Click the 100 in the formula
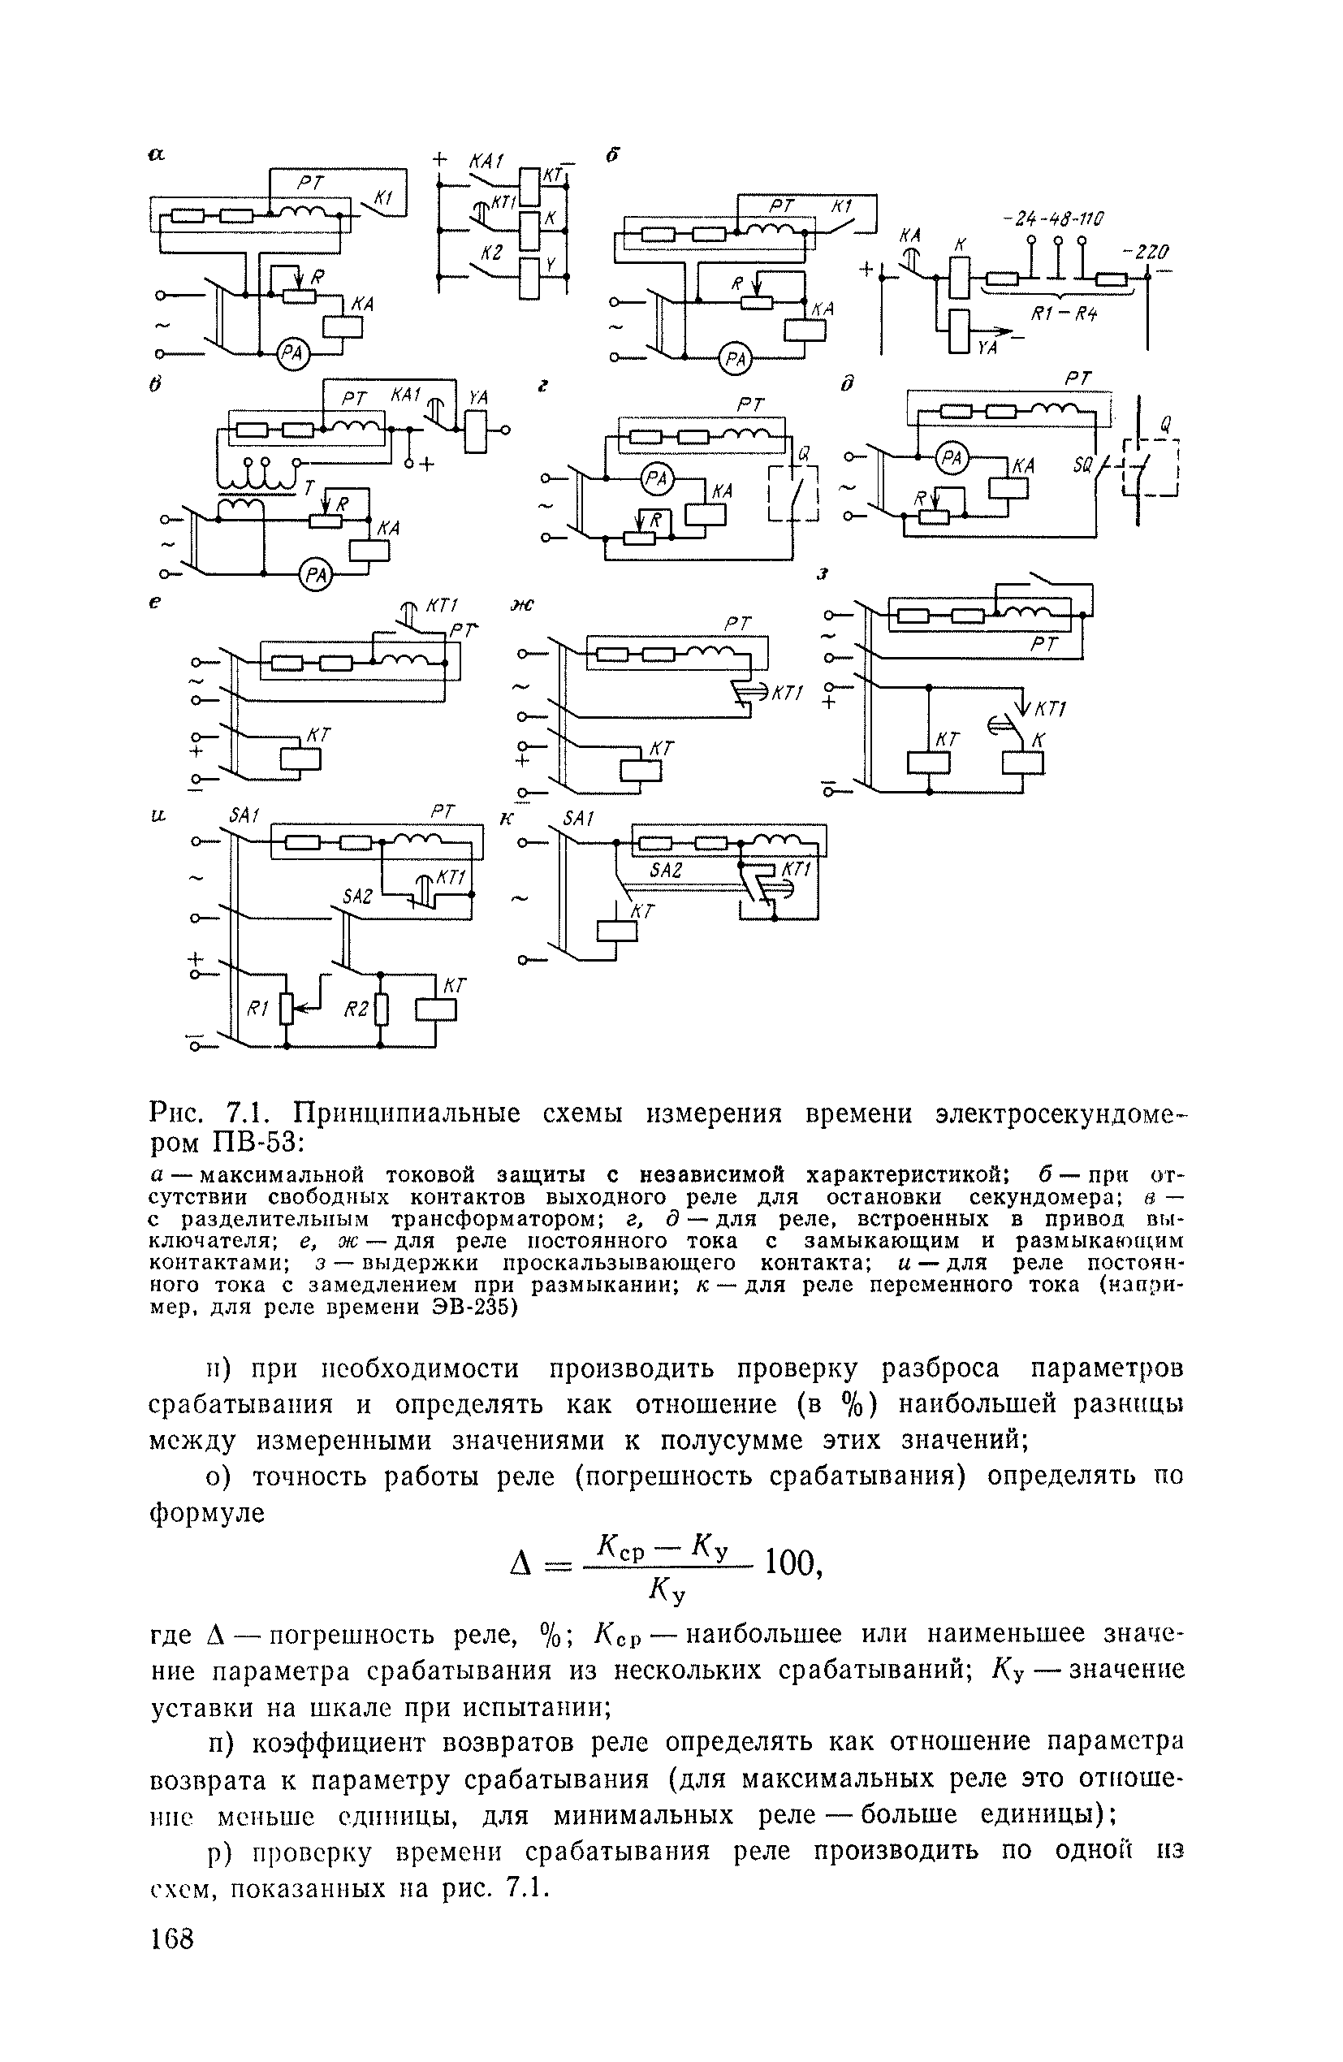tap(790, 1564)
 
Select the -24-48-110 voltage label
tap(1049, 218)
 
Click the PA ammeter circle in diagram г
tap(658, 478)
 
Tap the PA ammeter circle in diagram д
tap(952, 456)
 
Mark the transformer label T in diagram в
tap(309, 490)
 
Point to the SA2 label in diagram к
tap(666, 870)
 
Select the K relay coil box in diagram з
tap(1022, 763)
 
